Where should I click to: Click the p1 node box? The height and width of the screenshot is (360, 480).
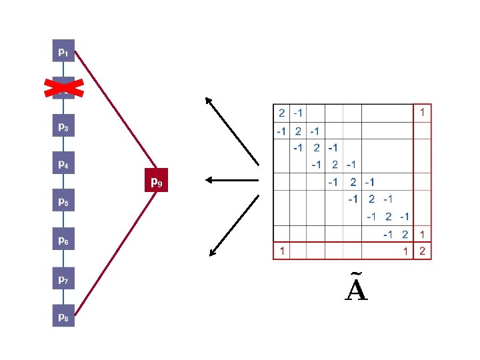tap(62, 51)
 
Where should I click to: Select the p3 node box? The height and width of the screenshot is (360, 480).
tap(62, 126)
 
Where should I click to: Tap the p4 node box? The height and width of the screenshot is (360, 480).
tap(62, 163)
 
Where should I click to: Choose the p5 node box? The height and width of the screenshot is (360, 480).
tap(62, 201)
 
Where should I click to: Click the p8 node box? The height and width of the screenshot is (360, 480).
tap(62, 317)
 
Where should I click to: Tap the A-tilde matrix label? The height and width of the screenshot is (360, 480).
tap(357, 288)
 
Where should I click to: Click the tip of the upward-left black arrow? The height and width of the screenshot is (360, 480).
tap(206, 99)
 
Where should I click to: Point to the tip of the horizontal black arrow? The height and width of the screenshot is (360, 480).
tap(207, 179)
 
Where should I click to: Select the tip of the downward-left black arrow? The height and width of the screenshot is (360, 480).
tap(210, 255)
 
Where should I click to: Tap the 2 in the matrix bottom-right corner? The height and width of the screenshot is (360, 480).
tap(422, 251)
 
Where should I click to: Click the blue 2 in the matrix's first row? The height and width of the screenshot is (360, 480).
tap(282, 113)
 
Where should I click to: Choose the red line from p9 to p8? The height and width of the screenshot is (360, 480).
tap(113, 253)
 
